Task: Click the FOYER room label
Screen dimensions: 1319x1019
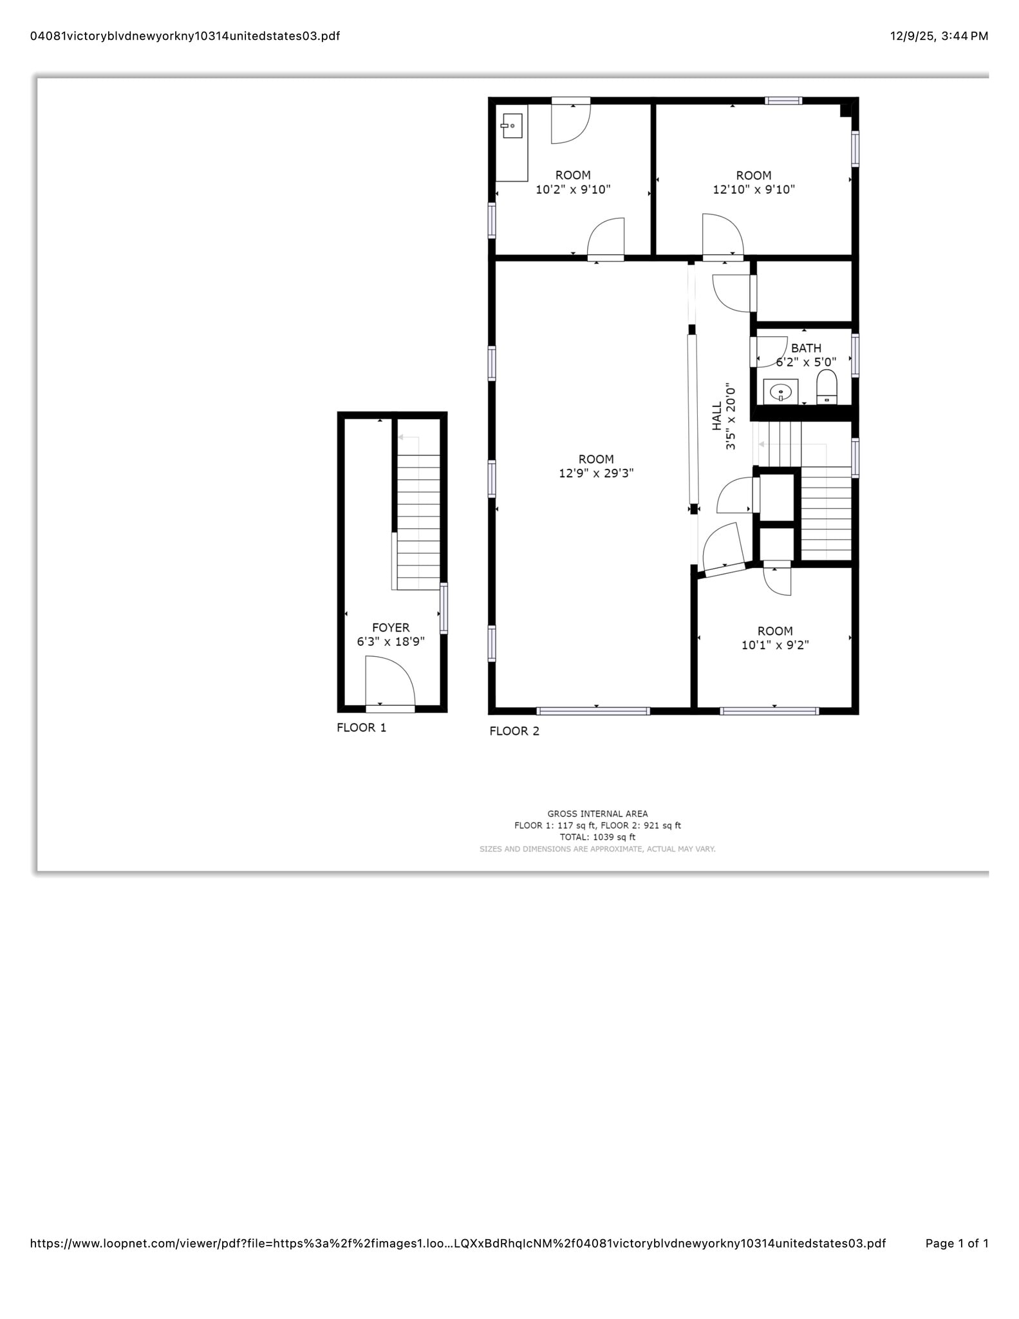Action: point(390,627)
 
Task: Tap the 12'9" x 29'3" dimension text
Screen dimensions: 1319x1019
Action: point(596,473)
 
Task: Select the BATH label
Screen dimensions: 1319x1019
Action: point(806,348)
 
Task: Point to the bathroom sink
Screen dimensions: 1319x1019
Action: point(780,391)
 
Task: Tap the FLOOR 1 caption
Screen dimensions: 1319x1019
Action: point(361,728)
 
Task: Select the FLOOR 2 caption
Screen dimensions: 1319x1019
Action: point(514,731)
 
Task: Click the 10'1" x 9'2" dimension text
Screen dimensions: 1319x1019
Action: point(775,645)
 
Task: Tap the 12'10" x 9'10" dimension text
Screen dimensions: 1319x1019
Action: point(754,189)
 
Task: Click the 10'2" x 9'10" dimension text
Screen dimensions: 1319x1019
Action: point(573,189)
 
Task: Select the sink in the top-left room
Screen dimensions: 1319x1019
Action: point(512,126)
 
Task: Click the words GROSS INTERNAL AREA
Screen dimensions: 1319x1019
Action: point(597,813)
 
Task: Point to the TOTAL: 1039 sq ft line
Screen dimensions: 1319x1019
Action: point(597,837)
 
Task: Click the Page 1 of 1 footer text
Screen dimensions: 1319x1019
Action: point(957,1243)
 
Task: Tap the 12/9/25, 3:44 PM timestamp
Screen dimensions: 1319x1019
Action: point(939,36)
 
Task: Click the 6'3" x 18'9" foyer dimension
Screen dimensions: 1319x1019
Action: point(391,641)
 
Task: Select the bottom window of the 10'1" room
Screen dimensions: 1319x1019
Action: point(769,711)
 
